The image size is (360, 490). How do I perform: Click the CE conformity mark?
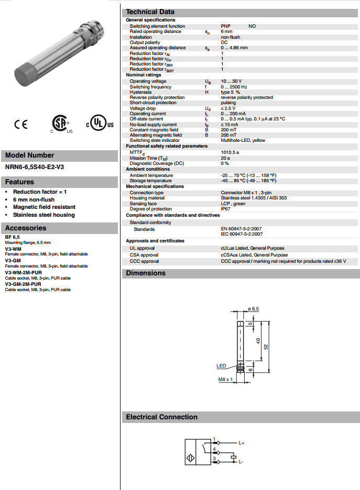20,125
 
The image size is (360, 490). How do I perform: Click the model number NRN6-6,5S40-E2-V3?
35,168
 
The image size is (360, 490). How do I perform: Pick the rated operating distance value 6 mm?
226,31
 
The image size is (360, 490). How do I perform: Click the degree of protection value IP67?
225,208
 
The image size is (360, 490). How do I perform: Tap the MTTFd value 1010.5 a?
230,152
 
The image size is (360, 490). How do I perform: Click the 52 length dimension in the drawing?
265,347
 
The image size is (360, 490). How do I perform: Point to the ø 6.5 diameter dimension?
253,309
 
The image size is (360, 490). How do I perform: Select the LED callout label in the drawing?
221,366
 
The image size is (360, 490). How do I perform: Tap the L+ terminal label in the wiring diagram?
242,443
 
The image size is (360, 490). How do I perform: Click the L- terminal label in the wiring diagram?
241,462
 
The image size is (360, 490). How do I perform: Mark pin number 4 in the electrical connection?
214,449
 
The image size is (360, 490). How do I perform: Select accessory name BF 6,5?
13,237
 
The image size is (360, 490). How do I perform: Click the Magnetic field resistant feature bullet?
44,207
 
